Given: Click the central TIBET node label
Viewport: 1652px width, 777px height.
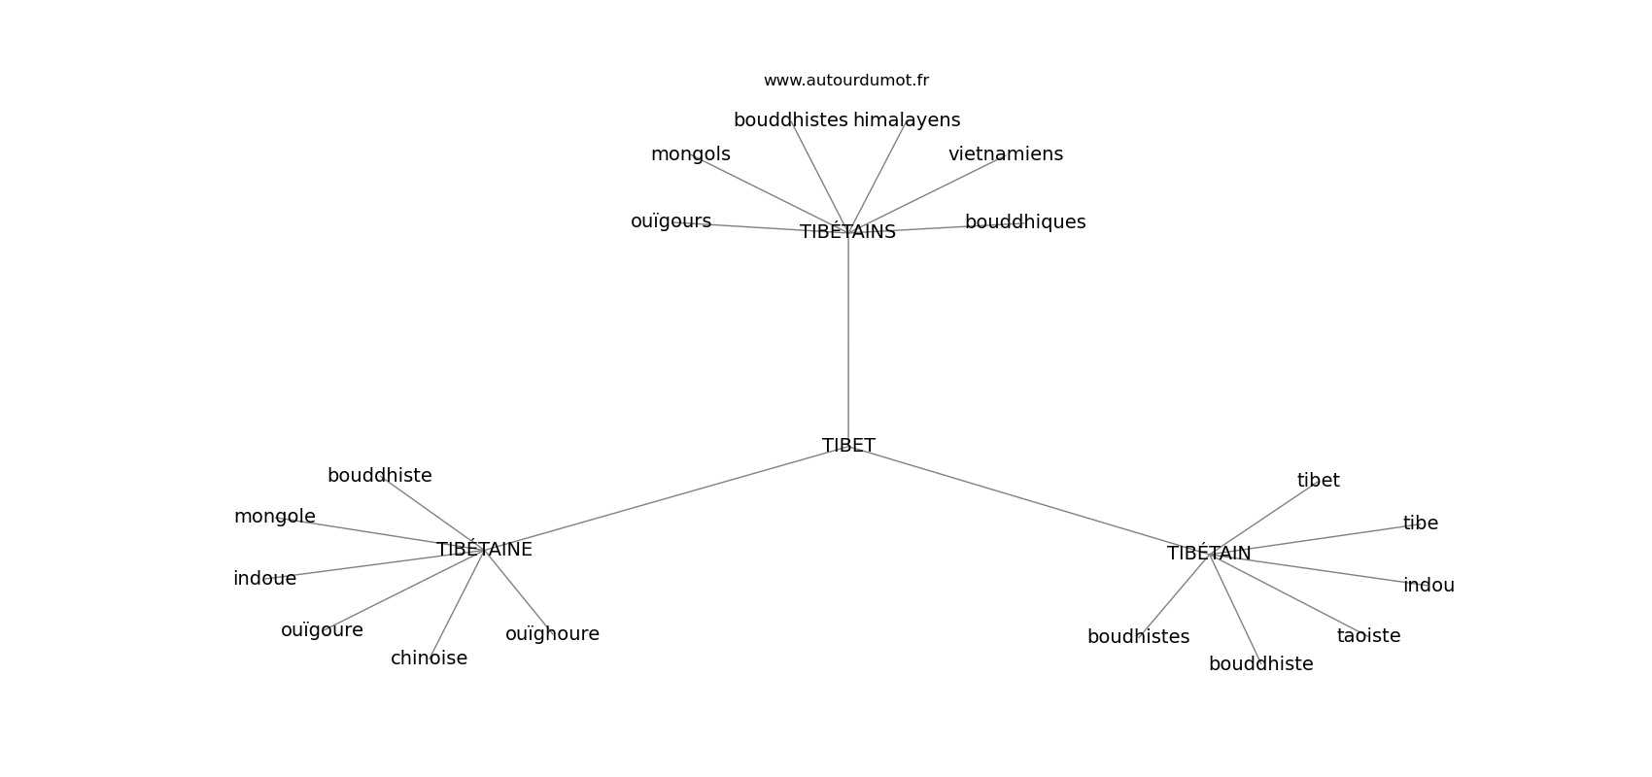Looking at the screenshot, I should pos(848,446).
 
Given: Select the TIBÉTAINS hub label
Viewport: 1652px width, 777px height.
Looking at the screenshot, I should pos(847,232).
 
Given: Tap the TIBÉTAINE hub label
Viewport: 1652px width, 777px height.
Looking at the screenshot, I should pos(484,550).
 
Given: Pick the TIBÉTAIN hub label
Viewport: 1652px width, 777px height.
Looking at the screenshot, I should pos(1209,554).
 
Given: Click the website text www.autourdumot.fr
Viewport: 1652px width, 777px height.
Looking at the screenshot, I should pos(845,81).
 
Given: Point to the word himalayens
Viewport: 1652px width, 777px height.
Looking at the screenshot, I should pos(906,120).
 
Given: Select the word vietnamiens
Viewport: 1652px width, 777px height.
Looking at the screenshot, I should pos(1005,154).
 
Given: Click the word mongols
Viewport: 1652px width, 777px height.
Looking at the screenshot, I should pos(690,154).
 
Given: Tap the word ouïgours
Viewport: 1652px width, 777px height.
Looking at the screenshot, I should pos(671,221).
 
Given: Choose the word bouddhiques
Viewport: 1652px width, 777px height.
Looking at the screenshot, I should pos(1024,222).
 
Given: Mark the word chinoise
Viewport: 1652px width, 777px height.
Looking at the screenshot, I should pos(429,659).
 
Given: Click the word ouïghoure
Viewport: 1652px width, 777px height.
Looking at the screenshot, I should pos(552,634).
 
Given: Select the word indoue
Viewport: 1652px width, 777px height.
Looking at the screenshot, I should pos(264,579).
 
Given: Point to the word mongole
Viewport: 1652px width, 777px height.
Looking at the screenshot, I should pos(274,517).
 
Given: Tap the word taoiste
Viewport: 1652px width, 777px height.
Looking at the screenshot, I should pos(1368,636).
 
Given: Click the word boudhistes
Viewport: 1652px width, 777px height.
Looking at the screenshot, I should pos(1138,637).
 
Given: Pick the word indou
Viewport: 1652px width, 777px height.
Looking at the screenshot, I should pos(1428,586).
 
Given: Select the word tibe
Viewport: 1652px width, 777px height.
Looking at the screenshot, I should pos(1420,524).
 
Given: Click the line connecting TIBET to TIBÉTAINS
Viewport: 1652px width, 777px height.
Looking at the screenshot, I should pos(848,340).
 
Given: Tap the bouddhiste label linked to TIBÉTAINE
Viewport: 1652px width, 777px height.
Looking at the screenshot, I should pos(379,476).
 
